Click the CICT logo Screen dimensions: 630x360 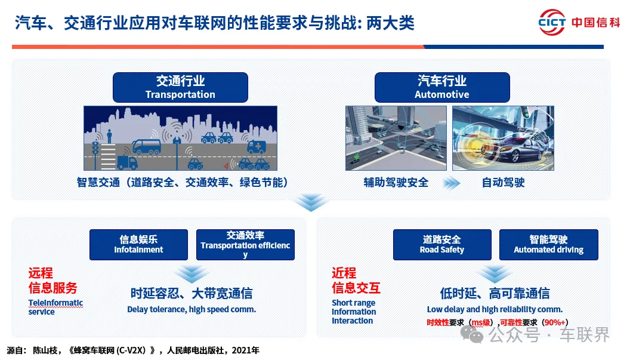552,22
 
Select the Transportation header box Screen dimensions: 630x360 180,87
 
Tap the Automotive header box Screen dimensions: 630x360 442,87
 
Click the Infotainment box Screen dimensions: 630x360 138,245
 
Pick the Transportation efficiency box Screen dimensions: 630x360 245,245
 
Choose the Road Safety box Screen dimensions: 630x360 442,245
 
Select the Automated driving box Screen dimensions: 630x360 548,245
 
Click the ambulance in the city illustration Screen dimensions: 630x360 257,147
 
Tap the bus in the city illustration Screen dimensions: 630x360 147,147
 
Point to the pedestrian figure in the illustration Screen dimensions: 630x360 109,136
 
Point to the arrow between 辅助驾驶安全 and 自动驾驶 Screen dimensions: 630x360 452,183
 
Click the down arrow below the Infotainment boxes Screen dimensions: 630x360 192,274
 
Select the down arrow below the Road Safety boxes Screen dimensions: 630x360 495,274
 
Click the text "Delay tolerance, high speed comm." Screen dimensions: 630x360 192,309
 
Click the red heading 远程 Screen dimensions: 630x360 41,273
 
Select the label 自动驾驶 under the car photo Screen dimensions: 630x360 503,183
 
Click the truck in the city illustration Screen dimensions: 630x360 127,162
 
